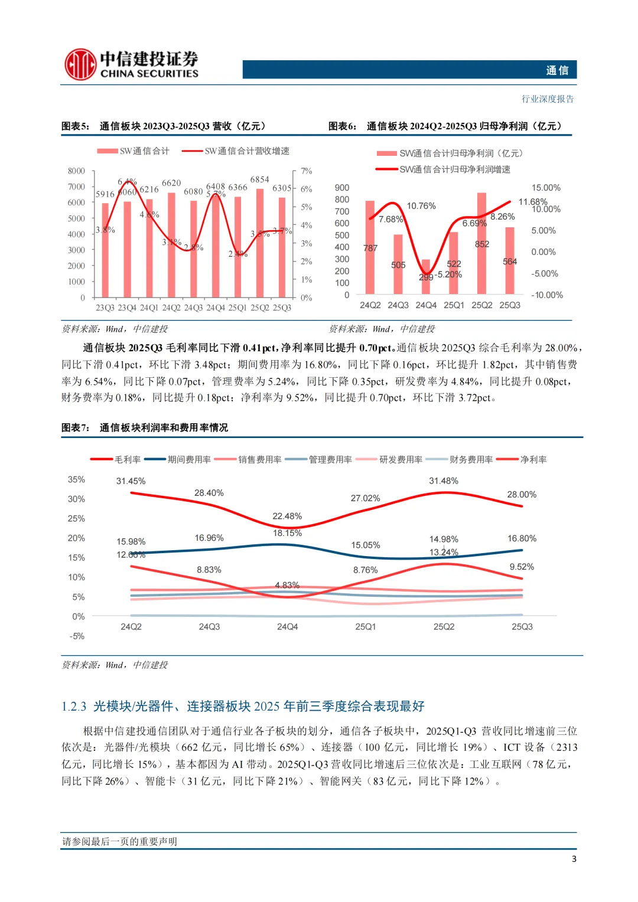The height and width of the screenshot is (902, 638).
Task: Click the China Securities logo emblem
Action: pyautogui.click(x=80, y=64)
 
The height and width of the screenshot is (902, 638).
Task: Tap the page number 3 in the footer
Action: pyautogui.click(x=574, y=859)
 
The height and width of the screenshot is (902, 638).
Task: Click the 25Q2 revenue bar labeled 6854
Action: pyautogui.click(x=260, y=243)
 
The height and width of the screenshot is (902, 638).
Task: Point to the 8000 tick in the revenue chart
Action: pyautogui.click(x=76, y=171)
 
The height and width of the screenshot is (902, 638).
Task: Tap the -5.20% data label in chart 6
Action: pyautogui.click(x=448, y=274)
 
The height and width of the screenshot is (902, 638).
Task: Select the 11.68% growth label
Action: pyautogui.click(x=532, y=202)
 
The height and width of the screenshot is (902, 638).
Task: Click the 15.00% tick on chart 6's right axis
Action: pyautogui.click(x=546, y=188)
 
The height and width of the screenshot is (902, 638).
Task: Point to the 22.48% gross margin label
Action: pyautogui.click(x=287, y=516)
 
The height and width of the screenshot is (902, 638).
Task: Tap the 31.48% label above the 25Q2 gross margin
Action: pyautogui.click(x=444, y=481)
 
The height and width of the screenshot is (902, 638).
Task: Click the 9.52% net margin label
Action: pyautogui.click(x=522, y=567)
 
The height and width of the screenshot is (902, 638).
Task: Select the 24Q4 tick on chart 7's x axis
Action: pyautogui.click(x=288, y=627)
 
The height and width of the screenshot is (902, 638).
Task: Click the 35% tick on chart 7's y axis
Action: pyautogui.click(x=76, y=479)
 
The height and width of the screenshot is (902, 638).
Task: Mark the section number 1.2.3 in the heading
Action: pyautogui.click(x=74, y=707)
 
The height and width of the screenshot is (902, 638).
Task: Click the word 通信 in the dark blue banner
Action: pyautogui.click(x=557, y=70)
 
